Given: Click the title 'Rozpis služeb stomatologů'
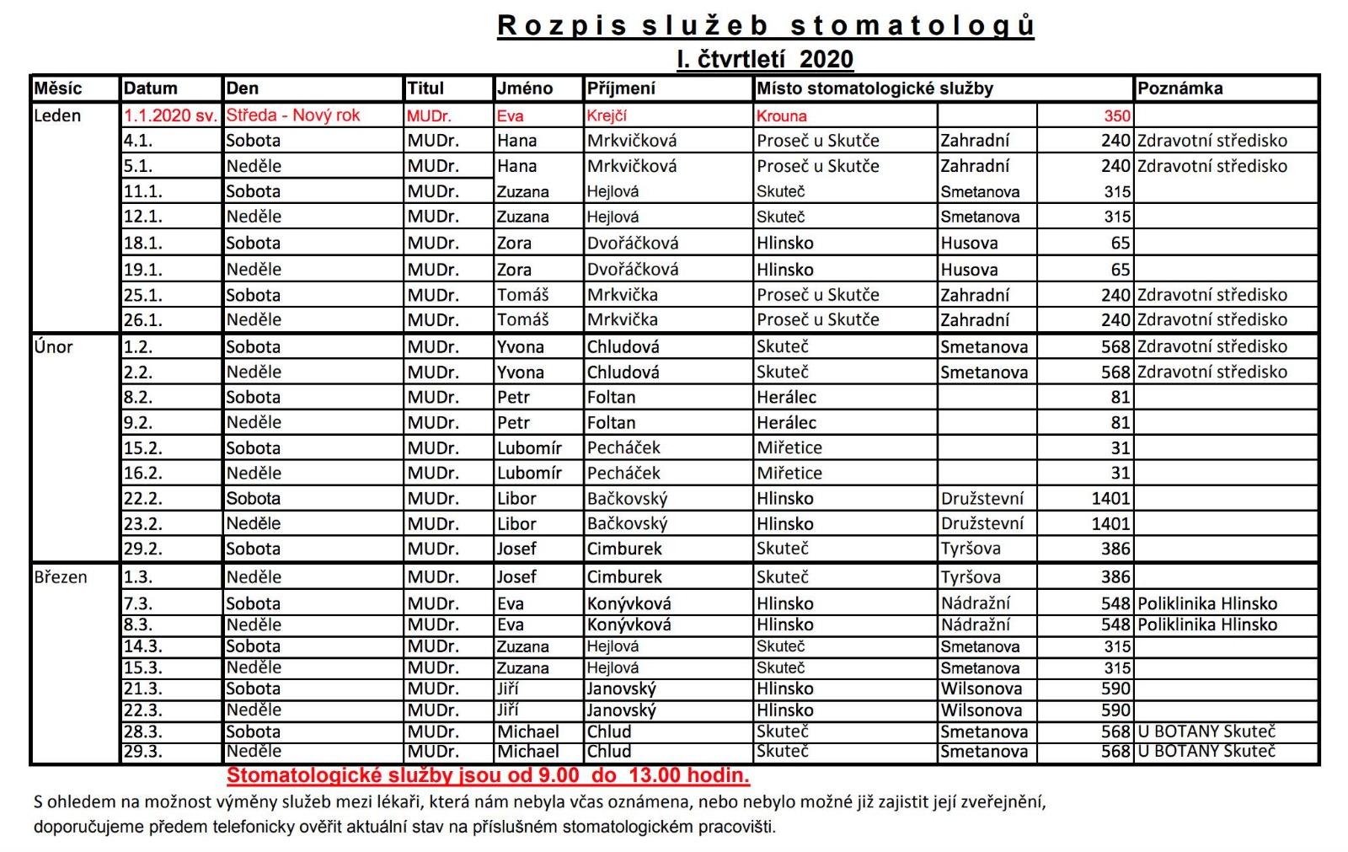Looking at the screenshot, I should tap(765, 25).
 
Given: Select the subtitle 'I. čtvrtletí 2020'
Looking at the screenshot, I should tap(765, 59).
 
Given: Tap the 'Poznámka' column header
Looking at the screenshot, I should tap(1179, 88).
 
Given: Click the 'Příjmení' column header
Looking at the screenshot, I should tap(621, 88).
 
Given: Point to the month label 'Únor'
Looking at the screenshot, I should tap(53, 346).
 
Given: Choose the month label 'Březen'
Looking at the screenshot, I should tap(61, 577).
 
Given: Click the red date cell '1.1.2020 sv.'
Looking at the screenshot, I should tap(170, 115).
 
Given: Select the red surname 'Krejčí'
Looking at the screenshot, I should tap(607, 115).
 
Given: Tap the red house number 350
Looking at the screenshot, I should tap(1117, 115).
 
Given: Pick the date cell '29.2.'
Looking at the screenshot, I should tap(143, 549).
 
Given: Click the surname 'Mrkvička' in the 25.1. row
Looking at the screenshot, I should tap(623, 295).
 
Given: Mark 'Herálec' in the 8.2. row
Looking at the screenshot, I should tap(786, 397).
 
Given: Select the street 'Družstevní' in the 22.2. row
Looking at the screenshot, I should tap(982, 498).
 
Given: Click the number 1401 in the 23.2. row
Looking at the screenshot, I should tap(1110, 523).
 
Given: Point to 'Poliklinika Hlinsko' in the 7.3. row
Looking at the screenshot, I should tap(1206, 603).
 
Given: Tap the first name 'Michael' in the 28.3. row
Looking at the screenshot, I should tap(527, 731).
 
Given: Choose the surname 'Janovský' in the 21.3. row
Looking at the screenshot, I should tap(621, 689).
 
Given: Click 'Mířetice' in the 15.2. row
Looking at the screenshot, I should tap(789, 447).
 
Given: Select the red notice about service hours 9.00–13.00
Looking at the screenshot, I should tap(488, 775).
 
